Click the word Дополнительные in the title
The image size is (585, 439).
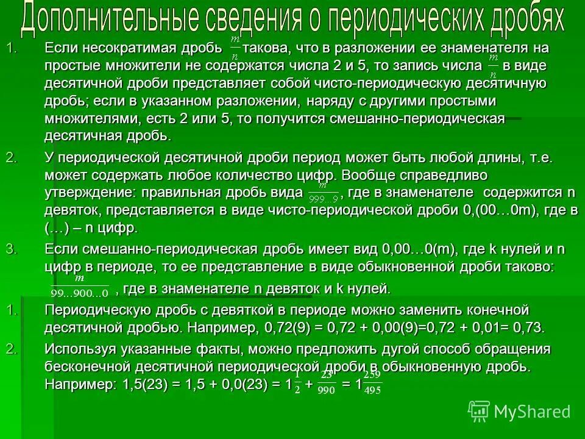(106, 20)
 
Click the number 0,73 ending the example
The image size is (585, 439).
(528, 327)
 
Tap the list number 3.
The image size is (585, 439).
(10, 249)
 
